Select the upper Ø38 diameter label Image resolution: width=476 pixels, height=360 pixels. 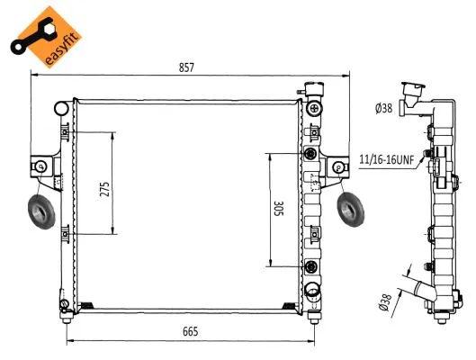[384, 109]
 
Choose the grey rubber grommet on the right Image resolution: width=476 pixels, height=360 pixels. [350, 210]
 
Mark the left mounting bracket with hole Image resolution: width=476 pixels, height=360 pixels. [41, 168]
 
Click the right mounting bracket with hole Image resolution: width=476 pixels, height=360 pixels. [337, 167]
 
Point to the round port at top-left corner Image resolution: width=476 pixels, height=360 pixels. [61, 109]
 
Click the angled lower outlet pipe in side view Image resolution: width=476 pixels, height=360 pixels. [422, 291]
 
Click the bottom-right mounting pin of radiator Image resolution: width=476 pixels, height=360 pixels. [311, 316]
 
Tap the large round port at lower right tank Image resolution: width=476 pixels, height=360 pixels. [311, 290]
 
